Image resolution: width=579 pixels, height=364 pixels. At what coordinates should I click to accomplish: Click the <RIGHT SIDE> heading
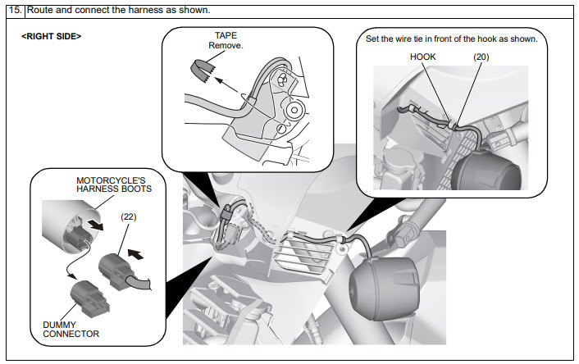tap(51, 37)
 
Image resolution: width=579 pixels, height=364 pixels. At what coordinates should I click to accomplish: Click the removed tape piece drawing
tap(200, 72)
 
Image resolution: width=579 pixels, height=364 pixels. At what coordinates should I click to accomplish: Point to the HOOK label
tap(423, 57)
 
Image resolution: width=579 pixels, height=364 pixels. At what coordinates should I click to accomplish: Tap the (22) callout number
tap(130, 216)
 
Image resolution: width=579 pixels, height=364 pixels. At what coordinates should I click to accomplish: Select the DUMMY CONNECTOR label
tap(71, 329)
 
